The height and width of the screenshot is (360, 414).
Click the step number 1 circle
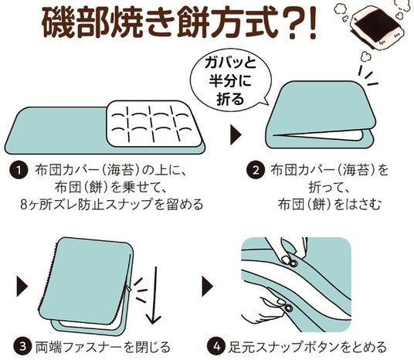pyautogui.click(x=19, y=171)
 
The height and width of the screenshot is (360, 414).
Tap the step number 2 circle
pyautogui.click(x=255, y=171)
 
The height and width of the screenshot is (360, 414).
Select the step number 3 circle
pyautogui.click(x=22, y=346)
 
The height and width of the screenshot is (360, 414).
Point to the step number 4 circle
pyautogui.click(x=216, y=346)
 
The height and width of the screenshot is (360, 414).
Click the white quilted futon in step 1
pyautogui.click(x=154, y=124)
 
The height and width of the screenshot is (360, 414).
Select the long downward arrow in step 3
pyautogui.click(x=154, y=295)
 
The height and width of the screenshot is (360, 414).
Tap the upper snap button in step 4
pyautogui.click(x=293, y=262)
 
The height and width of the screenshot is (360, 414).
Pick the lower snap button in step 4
pyautogui.click(x=288, y=308)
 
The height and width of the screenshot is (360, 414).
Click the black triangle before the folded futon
pyautogui.click(x=236, y=134)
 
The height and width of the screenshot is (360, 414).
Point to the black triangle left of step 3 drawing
pyautogui.click(x=22, y=287)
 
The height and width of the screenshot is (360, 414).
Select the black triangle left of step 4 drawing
pyautogui.click(x=208, y=287)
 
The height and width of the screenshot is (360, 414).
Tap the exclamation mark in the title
pyautogui.click(x=312, y=24)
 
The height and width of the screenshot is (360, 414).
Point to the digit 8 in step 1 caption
pyautogui.click(x=24, y=205)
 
